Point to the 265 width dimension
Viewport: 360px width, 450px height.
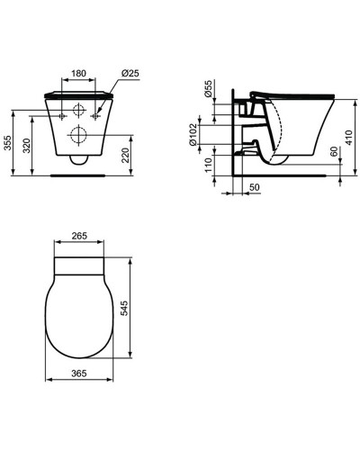[x=79, y=236]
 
